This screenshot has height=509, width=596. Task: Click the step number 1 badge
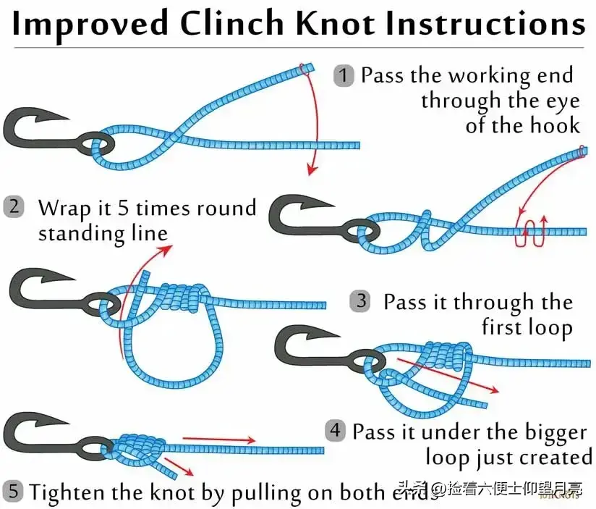pyautogui.click(x=344, y=75)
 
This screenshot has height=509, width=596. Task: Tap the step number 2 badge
pyautogui.click(x=14, y=207)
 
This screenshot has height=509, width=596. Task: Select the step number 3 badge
pyautogui.click(x=359, y=301)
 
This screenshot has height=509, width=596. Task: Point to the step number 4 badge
pyautogui.click(x=335, y=432)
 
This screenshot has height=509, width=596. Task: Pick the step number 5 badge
pyautogui.click(x=13, y=492)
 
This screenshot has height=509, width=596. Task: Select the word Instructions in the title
pyautogui.click(x=486, y=24)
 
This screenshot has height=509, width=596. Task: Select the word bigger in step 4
pyautogui.click(x=551, y=433)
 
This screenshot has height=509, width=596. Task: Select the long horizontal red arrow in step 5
pyautogui.click(x=218, y=439)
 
